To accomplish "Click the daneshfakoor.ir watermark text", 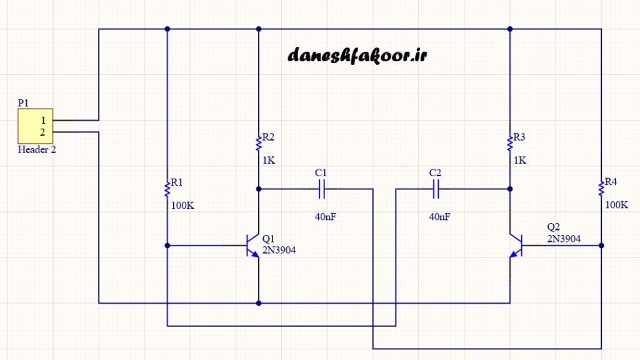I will coord(357,56).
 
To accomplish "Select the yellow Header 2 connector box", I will coord(35,126).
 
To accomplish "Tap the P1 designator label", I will coord(23,103).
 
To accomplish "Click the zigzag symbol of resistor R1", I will coord(167,187).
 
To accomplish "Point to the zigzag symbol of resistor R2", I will coord(259,142).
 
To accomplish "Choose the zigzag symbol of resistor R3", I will coord(510,142).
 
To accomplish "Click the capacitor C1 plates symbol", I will coord(322,188).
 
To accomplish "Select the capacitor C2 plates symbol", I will coord(436,188).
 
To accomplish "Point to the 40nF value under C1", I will coord(325,217).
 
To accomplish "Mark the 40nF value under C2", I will coord(439,217).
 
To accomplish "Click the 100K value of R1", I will coord(182,205).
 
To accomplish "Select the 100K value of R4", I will coord(616,205).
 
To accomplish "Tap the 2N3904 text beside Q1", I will coord(279,250).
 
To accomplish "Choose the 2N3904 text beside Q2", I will coord(564,239).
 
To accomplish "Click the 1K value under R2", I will coord(269,160).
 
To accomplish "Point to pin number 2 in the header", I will coord(43,132).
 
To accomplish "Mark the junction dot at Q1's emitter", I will coord(259,303).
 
